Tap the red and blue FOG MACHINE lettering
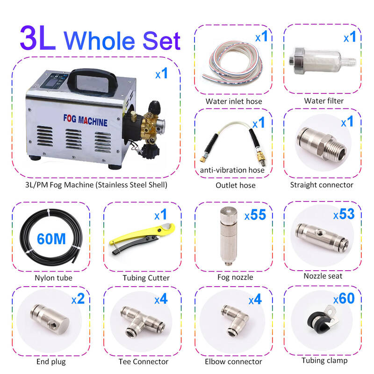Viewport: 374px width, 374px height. (85, 120)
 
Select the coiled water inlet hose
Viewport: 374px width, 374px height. (232, 63)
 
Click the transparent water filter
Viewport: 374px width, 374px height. (323, 60)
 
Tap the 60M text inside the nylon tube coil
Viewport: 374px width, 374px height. (51, 239)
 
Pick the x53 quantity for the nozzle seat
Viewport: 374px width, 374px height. (344, 214)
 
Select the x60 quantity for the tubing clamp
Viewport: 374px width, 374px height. (344, 298)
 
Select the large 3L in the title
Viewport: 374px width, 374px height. (38, 38)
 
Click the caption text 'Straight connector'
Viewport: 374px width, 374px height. (322, 185)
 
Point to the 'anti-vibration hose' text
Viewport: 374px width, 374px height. (232, 170)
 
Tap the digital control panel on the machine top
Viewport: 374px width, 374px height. (53, 80)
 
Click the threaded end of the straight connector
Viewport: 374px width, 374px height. (337, 150)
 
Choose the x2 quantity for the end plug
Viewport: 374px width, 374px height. (78, 299)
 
